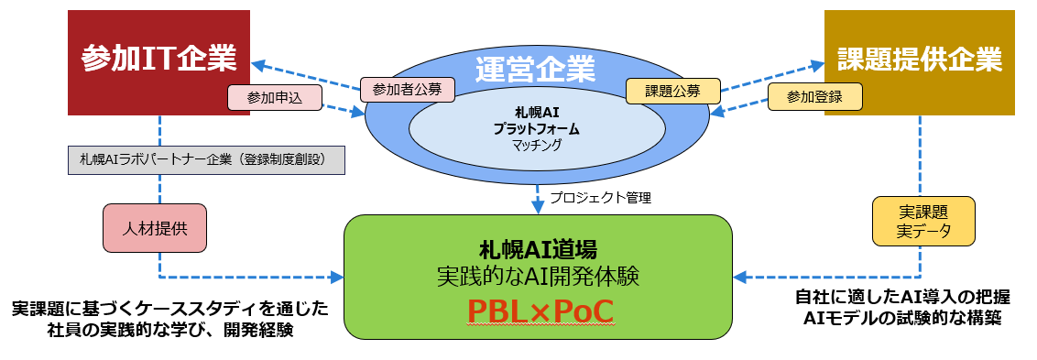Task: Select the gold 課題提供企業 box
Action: (x=919, y=61)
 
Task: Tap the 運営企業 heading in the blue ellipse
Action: (x=536, y=68)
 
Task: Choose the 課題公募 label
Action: (x=671, y=90)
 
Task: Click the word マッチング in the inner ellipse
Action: (x=536, y=145)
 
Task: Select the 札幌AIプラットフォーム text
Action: (x=536, y=121)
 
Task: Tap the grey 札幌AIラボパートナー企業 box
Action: (x=206, y=159)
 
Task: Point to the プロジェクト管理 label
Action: (x=600, y=197)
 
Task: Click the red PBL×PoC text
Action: (x=538, y=311)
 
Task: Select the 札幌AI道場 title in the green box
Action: (x=538, y=248)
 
